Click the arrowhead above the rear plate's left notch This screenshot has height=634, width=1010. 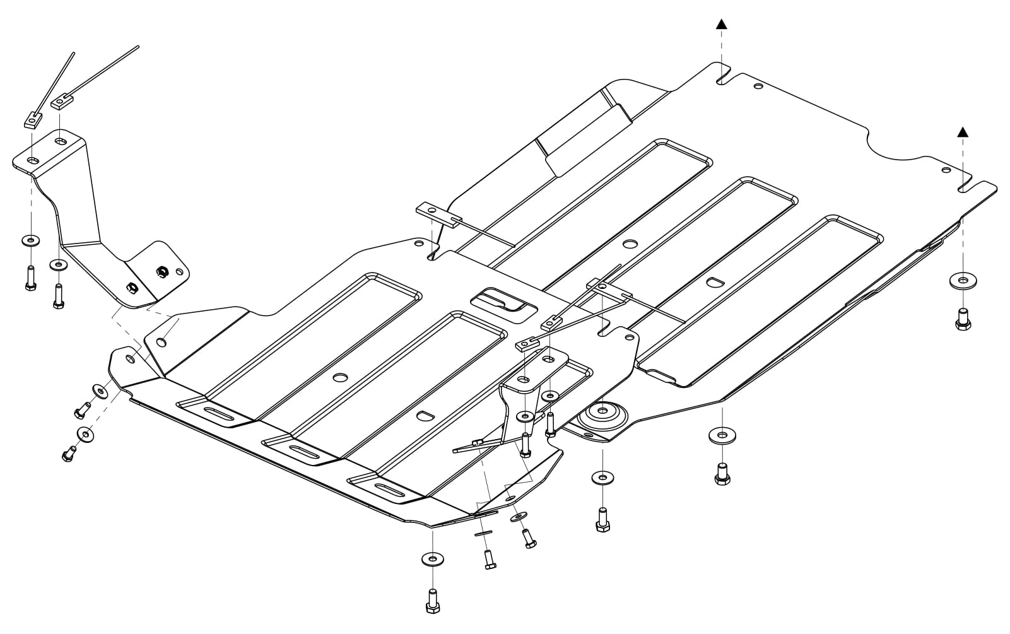[721, 24]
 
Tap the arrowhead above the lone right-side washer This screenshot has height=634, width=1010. [962, 132]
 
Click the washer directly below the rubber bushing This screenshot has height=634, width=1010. [602, 478]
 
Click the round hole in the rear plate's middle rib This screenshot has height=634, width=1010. [630, 244]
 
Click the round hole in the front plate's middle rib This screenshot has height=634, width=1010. [341, 377]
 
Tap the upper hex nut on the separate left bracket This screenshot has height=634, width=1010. [161, 271]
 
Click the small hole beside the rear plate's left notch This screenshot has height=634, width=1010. [758, 86]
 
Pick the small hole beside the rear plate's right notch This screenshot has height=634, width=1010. [946, 169]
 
